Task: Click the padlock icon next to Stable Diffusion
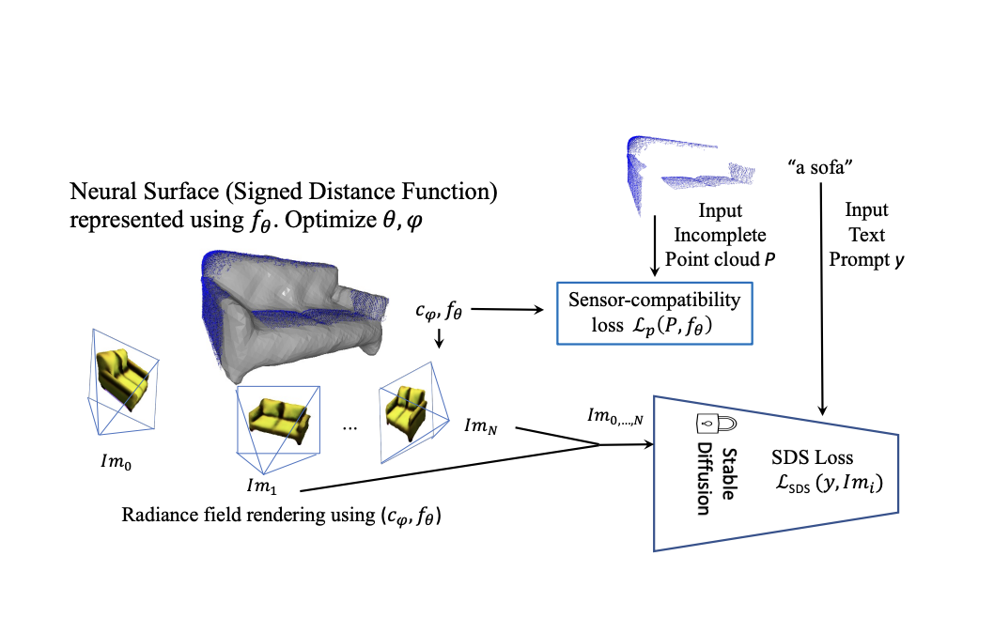(x=706, y=423)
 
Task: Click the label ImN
(x=480, y=425)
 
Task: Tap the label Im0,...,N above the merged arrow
(x=615, y=416)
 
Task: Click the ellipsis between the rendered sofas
(x=349, y=427)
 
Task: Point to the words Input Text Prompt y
(x=866, y=235)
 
